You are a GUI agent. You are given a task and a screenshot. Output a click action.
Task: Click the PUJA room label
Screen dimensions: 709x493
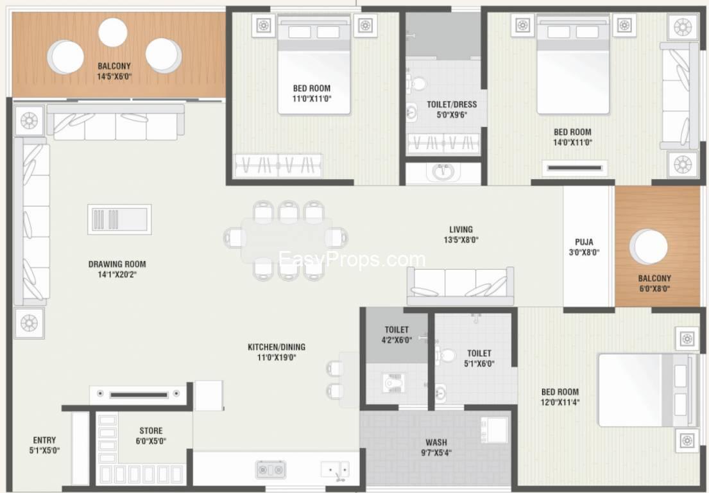(x=584, y=242)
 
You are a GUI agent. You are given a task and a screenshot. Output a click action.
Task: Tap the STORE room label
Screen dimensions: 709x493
(x=151, y=431)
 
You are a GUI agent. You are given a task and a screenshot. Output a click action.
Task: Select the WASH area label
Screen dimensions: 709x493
(x=436, y=442)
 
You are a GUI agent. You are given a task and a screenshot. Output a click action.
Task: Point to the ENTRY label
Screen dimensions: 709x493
(x=44, y=440)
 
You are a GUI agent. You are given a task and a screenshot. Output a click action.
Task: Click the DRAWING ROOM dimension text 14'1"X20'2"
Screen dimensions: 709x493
(x=117, y=275)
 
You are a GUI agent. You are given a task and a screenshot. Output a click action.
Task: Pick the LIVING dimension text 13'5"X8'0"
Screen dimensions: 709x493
(x=461, y=239)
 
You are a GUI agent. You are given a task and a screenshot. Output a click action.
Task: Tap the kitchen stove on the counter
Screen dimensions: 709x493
(x=270, y=469)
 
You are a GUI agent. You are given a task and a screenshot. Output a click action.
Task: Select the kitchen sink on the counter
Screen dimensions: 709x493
(x=335, y=470)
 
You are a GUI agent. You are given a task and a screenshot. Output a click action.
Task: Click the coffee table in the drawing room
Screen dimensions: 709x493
(x=119, y=220)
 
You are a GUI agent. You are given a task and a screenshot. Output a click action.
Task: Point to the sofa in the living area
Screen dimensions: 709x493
(x=460, y=286)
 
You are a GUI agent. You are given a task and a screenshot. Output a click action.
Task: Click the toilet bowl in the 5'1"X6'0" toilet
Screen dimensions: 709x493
(x=446, y=355)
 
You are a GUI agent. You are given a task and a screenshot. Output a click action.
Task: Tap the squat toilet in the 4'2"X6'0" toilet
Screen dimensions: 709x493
(x=393, y=383)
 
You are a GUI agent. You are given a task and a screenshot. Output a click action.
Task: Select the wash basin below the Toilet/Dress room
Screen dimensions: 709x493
(x=443, y=172)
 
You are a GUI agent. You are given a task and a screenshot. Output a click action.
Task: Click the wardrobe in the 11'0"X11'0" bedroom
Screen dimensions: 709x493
(x=278, y=166)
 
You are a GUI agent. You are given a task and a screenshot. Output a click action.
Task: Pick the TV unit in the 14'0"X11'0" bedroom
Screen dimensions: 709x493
(x=575, y=168)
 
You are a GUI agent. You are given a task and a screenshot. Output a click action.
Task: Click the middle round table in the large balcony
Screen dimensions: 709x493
(x=113, y=33)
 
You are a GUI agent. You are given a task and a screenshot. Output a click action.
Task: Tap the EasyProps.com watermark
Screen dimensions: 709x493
(x=352, y=259)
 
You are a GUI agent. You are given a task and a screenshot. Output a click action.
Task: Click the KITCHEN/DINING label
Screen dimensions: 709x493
(x=277, y=347)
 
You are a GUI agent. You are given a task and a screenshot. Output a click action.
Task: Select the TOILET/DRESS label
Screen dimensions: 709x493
(x=452, y=105)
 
